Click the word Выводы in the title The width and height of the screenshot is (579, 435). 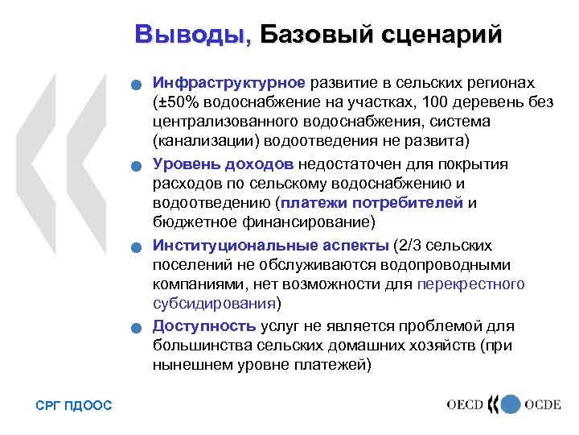(193, 35)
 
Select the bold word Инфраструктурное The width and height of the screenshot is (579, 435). (229, 83)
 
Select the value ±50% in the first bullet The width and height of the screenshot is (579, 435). (179, 103)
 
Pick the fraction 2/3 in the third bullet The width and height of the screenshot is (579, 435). (412, 245)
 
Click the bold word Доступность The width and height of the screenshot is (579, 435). (205, 325)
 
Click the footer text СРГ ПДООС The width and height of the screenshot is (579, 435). (74, 405)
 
